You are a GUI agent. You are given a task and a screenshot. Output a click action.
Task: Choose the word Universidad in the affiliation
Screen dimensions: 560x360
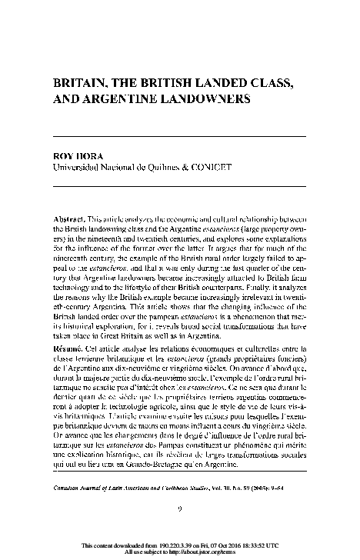[x=78, y=165]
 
